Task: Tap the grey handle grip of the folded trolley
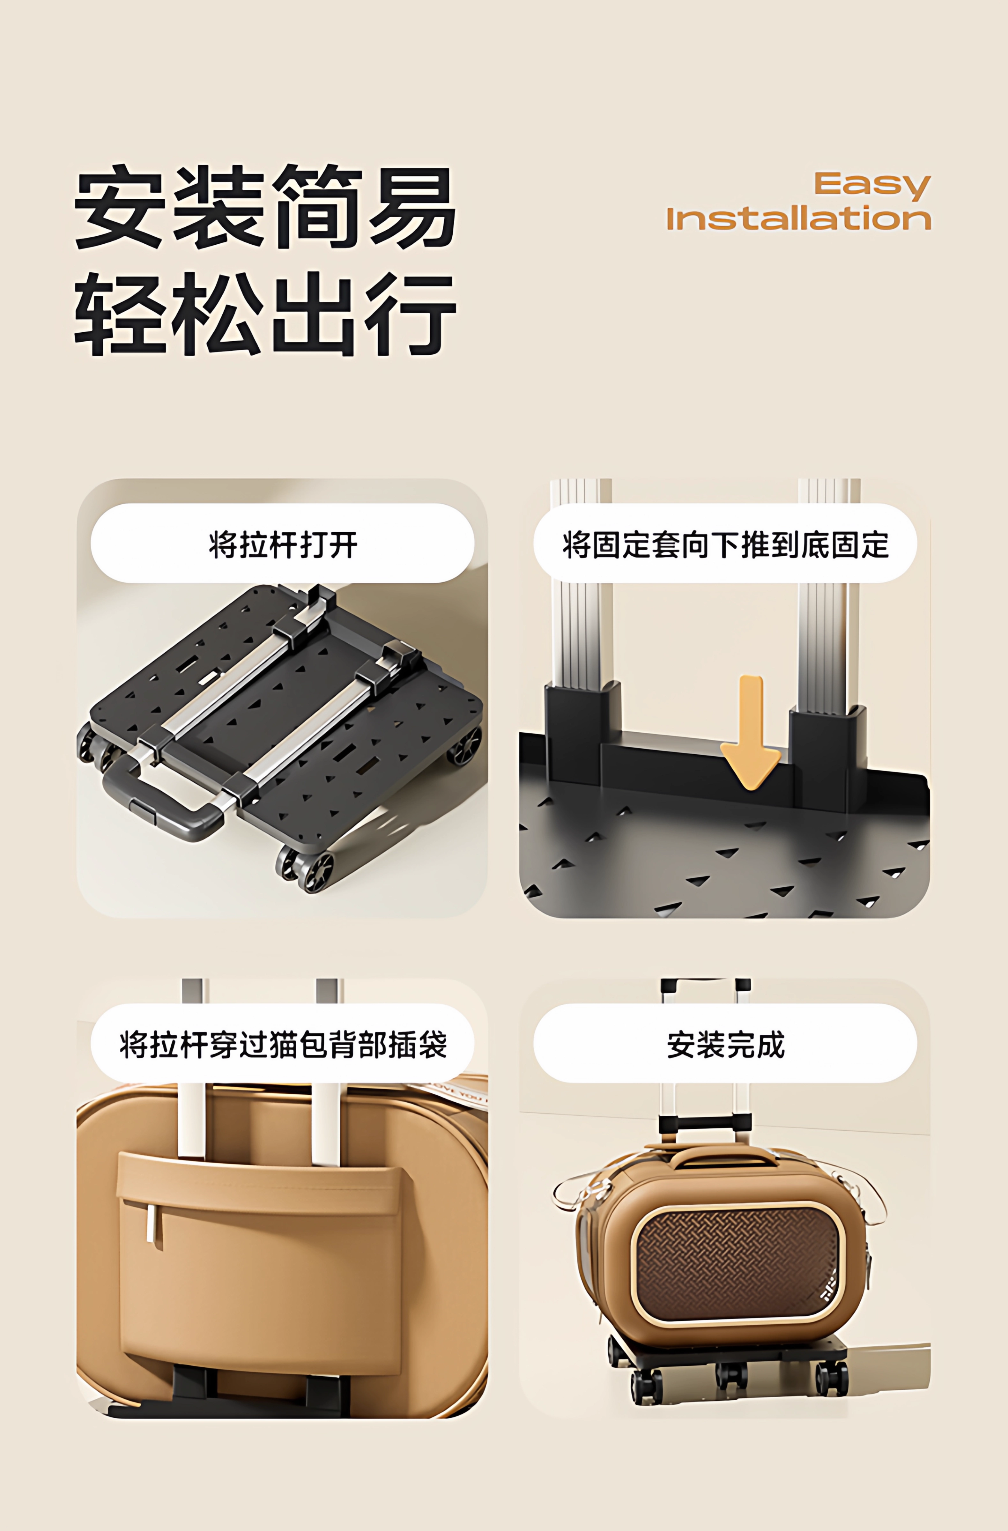[x=161, y=804]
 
